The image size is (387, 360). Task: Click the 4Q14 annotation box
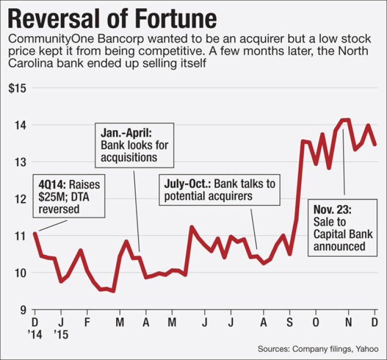(x=69, y=197)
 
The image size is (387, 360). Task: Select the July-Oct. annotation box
(x=219, y=190)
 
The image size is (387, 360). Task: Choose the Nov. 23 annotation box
(x=342, y=227)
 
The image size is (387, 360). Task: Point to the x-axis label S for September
(x=289, y=320)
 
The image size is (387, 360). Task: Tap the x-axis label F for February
(x=87, y=320)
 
